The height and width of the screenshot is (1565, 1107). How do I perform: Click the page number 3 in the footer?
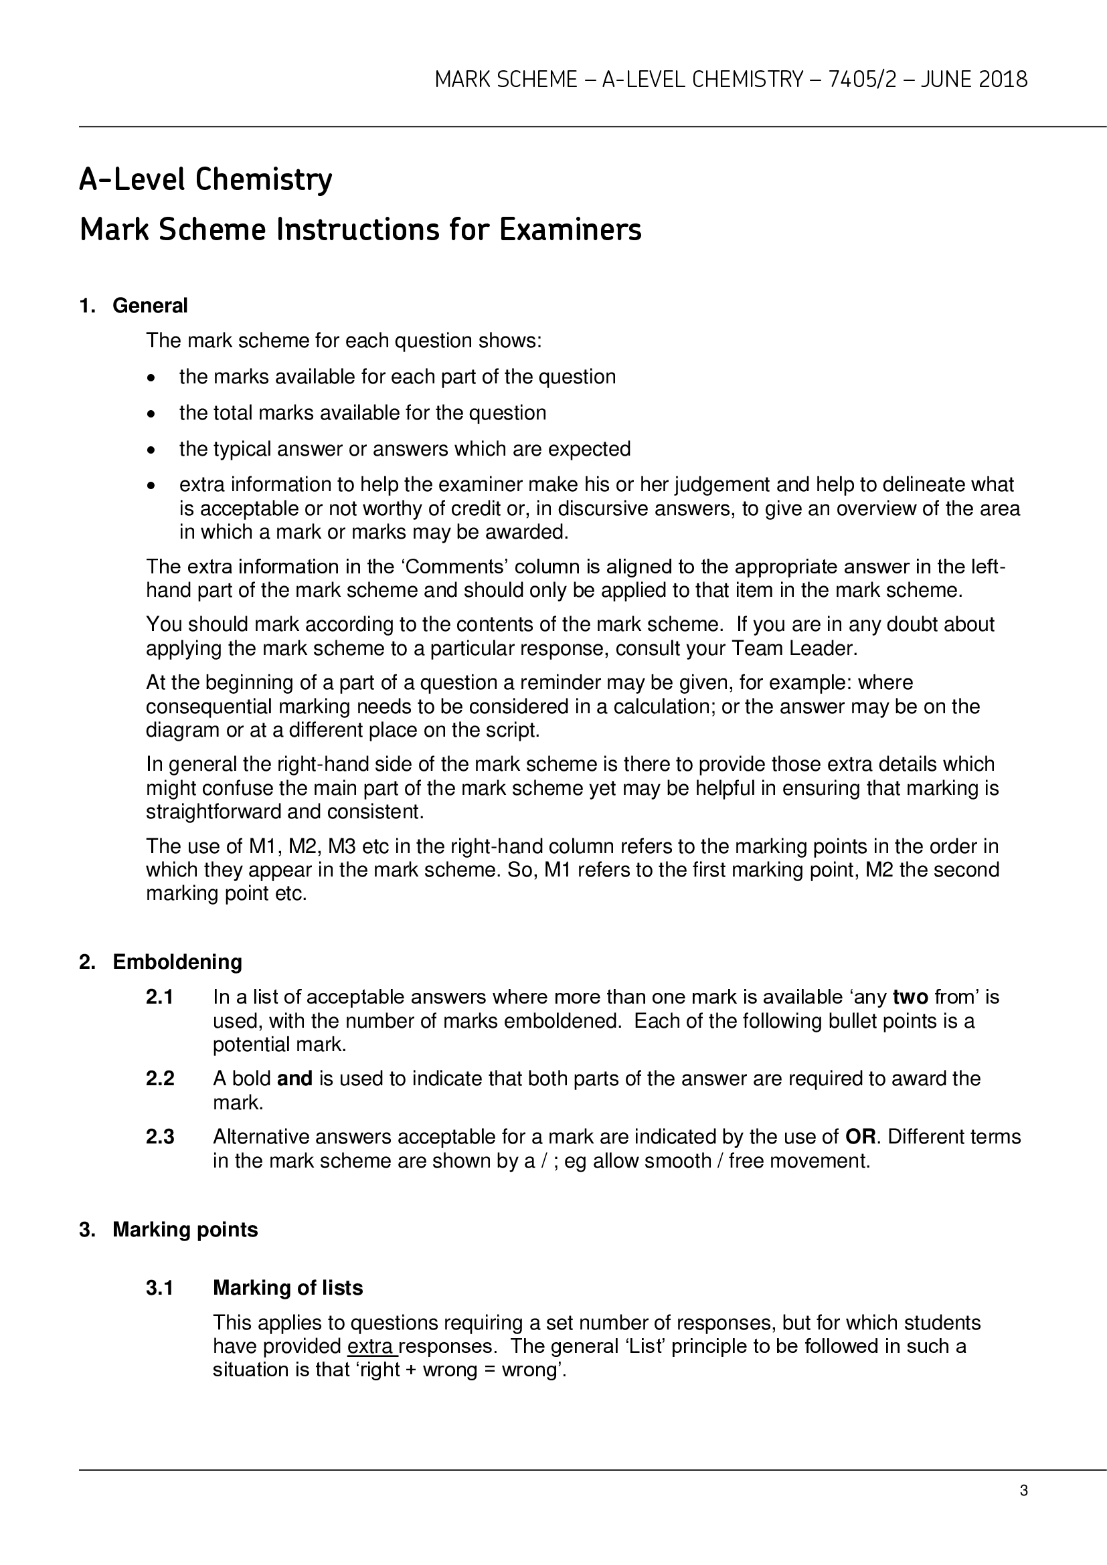click(x=1023, y=1491)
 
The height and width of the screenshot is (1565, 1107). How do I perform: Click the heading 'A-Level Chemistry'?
click(x=205, y=180)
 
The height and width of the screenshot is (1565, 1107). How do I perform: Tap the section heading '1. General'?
click(x=133, y=305)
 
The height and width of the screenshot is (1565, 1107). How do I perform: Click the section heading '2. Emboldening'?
click(x=160, y=961)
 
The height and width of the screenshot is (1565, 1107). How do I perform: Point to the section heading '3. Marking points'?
click(x=169, y=1229)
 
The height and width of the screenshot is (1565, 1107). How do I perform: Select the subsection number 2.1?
click(x=159, y=997)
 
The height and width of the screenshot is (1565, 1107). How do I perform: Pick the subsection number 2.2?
click(x=159, y=1079)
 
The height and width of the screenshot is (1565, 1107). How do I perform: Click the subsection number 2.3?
click(x=159, y=1137)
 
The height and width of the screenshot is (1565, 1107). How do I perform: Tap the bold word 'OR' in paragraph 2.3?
click(x=859, y=1137)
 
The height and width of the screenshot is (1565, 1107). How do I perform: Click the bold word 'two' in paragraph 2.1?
click(x=910, y=997)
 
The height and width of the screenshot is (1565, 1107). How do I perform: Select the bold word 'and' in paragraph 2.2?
click(x=294, y=1079)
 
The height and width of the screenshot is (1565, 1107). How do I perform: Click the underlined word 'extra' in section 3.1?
click(x=370, y=1346)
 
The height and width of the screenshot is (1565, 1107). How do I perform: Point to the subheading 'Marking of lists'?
click(x=288, y=1287)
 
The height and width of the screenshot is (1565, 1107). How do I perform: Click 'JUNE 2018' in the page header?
click(x=973, y=80)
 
